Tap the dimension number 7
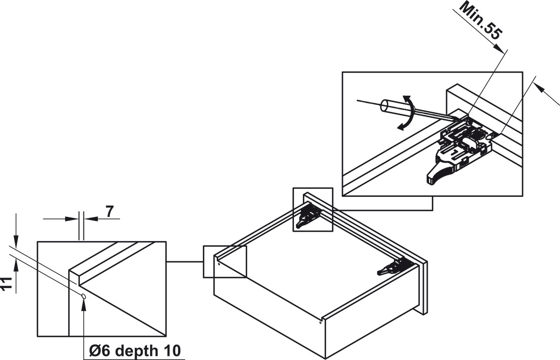click(x=109, y=212)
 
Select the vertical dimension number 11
click(x=6, y=285)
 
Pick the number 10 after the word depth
click(x=172, y=351)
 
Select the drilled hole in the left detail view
click(x=84, y=296)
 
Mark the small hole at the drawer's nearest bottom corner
click(x=321, y=324)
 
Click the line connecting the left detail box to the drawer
click(x=185, y=262)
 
